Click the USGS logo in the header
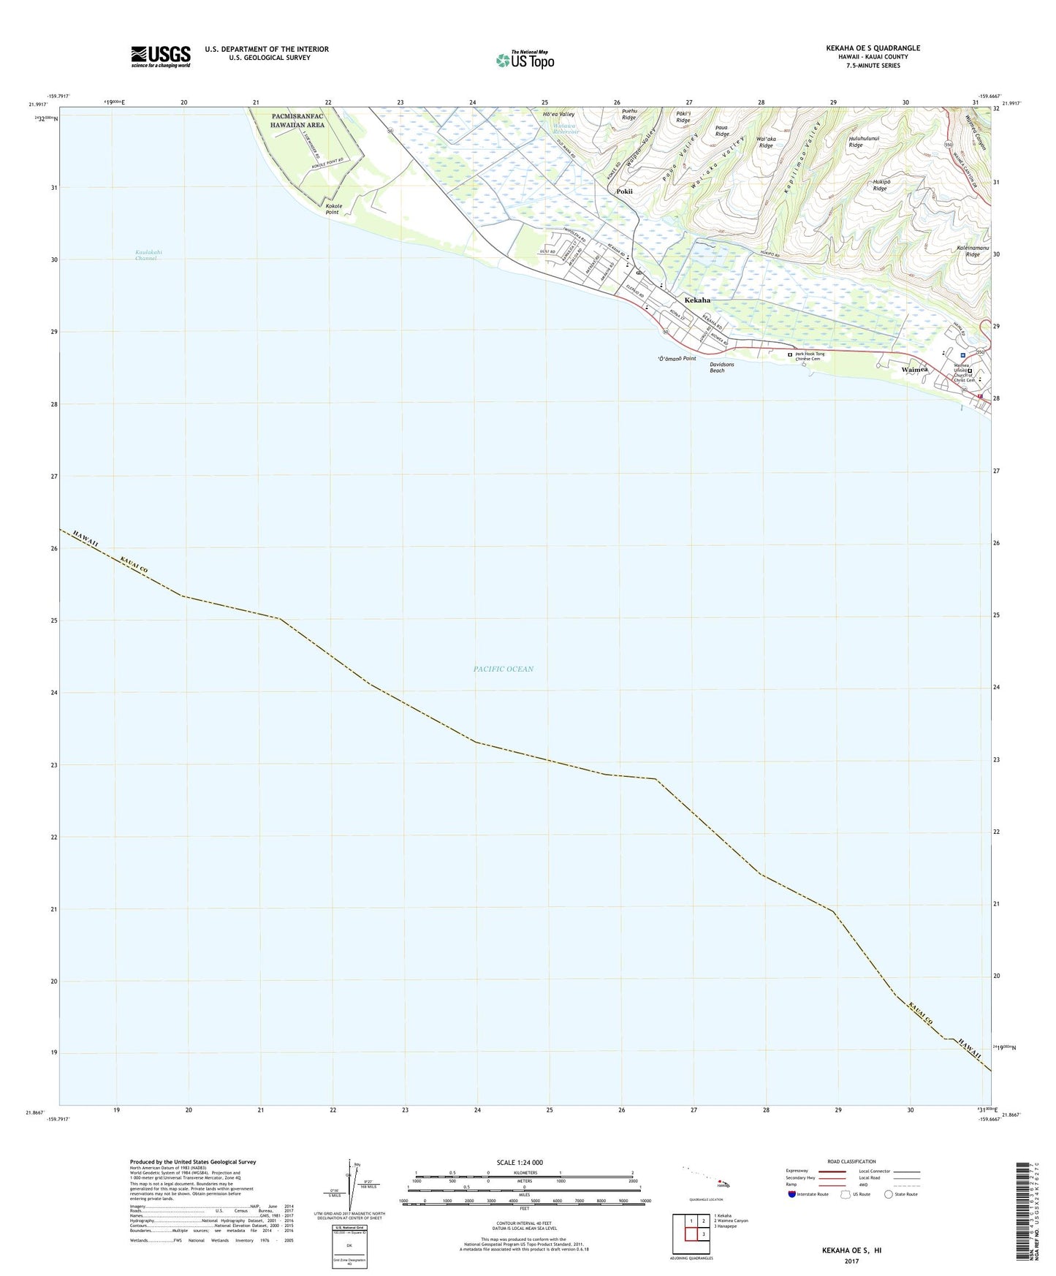coord(161,56)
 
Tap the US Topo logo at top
coord(524,60)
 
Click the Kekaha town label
coord(697,300)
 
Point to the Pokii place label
coord(624,191)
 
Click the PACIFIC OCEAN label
coord(503,669)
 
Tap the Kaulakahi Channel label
coord(148,255)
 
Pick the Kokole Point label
coord(333,209)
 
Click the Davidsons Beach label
coord(718,368)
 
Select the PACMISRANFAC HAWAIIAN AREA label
coord(297,121)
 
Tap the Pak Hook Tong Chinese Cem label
coord(810,356)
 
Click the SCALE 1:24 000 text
coord(520,1163)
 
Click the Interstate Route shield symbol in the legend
coord(793,1194)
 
